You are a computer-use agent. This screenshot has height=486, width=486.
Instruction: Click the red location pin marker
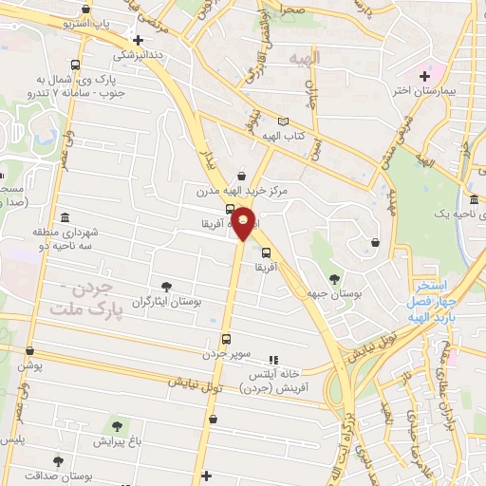(x=244, y=222)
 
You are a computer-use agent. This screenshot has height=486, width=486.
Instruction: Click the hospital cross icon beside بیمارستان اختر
(x=425, y=75)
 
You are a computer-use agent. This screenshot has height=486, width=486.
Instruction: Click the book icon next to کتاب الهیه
(x=282, y=121)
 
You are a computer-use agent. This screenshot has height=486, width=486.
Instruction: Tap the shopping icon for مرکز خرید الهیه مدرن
(x=241, y=176)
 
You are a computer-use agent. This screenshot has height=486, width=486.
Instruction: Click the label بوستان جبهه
(x=334, y=295)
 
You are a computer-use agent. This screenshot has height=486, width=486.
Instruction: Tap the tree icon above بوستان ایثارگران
(x=166, y=286)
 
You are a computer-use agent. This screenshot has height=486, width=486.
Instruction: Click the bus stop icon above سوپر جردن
(x=226, y=338)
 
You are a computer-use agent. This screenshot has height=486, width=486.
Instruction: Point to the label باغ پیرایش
(x=116, y=441)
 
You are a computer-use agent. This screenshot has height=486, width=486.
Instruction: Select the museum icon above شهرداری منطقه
(x=64, y=217)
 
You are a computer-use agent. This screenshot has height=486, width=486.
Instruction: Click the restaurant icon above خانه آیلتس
(x=272, y=359)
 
